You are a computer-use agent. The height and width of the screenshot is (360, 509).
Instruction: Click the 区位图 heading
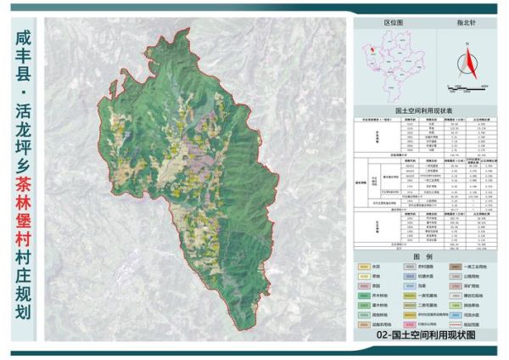392,26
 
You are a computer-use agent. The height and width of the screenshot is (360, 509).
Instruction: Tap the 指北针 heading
467,26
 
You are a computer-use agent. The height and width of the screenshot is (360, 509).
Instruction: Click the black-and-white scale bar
466,87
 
